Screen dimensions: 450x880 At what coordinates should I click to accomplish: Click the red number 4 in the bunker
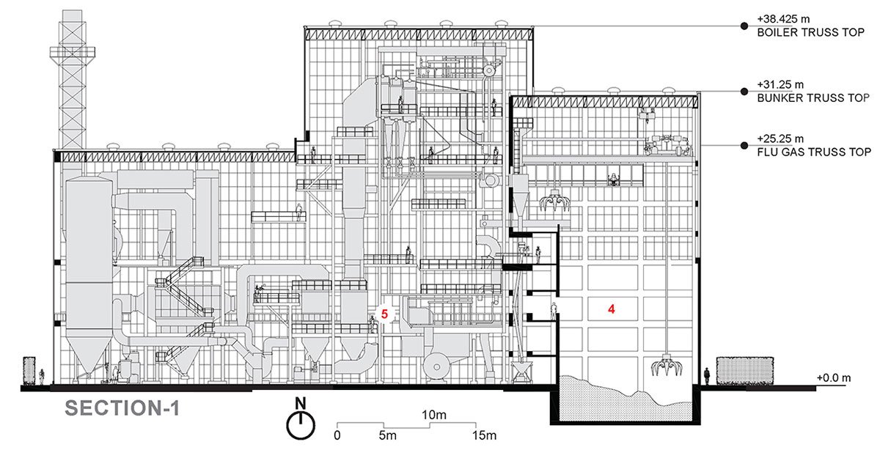610,309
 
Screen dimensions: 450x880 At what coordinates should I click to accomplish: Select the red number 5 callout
385,313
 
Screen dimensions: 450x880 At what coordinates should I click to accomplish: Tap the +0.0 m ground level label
834,378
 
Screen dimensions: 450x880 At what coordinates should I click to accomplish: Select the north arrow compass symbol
299,421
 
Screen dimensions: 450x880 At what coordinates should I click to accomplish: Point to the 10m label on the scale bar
436,416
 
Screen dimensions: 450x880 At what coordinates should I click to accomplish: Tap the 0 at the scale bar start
337,436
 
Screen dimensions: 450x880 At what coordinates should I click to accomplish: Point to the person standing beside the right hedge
706,377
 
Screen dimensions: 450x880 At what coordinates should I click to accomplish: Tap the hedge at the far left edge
29,370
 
